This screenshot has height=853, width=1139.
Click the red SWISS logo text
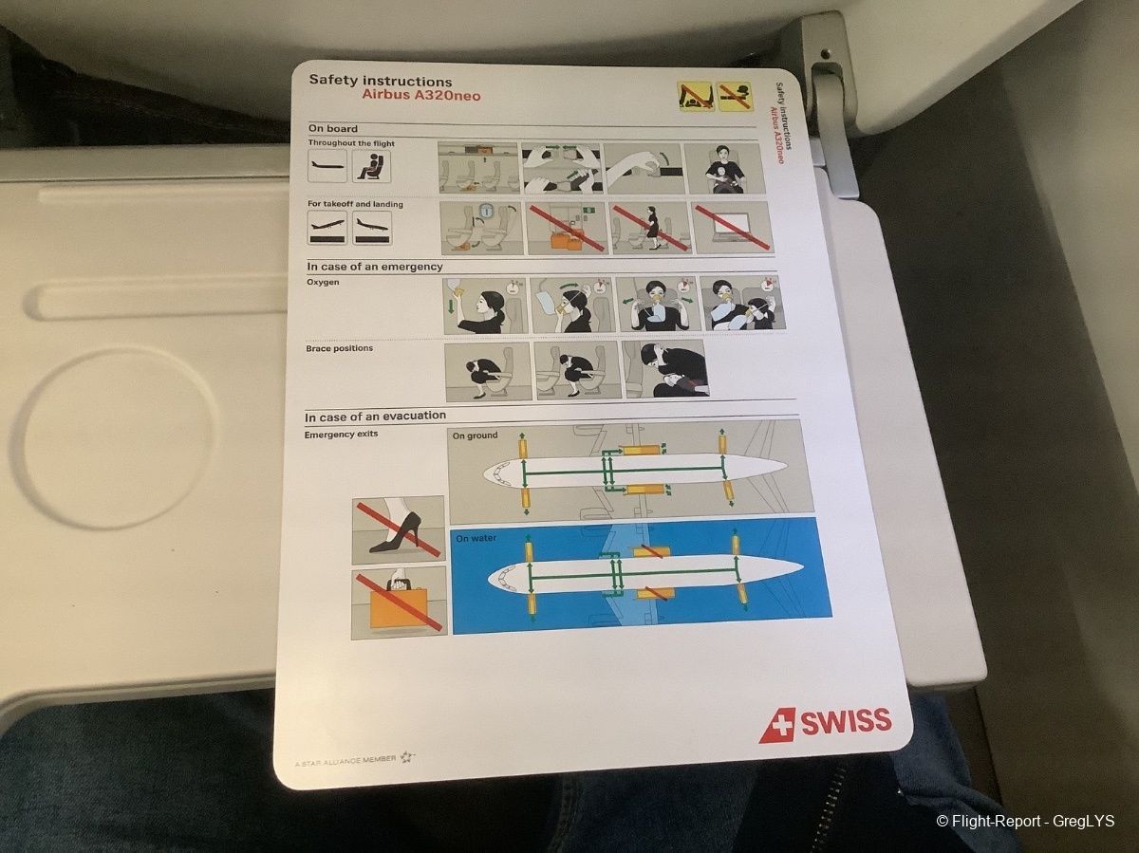click(x=847, y=722)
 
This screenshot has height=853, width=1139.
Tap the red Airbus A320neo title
click(x=420, y=96)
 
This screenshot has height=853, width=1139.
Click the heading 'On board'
click(x=332, y=129)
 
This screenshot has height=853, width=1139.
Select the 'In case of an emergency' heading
click(x=375, y=267)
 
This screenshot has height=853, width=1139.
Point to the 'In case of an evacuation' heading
click(x=375, y=416)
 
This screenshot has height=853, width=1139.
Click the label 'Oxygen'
click(x=323, y=282)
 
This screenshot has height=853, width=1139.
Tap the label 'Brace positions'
click(x=340, y=348)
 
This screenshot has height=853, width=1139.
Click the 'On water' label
click(x=476, y=538)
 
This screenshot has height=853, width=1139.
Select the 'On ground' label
click(x=475, y=436)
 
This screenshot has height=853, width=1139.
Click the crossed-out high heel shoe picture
click(x=399, y=530)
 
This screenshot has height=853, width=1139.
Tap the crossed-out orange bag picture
click(x=399, y=603)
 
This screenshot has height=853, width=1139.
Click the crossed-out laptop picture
click(x=733, y=228)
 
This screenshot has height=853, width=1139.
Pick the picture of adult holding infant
click(x=723, y=169)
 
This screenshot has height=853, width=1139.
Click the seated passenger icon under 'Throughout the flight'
click(x=371, y=166)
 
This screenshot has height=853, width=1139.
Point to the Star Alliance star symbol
click(x=406, y=758)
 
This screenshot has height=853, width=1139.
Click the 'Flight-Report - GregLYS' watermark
click(x=1025, y=822)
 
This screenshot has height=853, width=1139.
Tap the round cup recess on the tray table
click(x=118, y=438)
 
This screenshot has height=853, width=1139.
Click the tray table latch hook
click(x=826, y=103)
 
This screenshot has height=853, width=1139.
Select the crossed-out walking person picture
click(x=650, y=228)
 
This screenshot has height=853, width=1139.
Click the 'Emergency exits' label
click(x=341, y=435)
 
